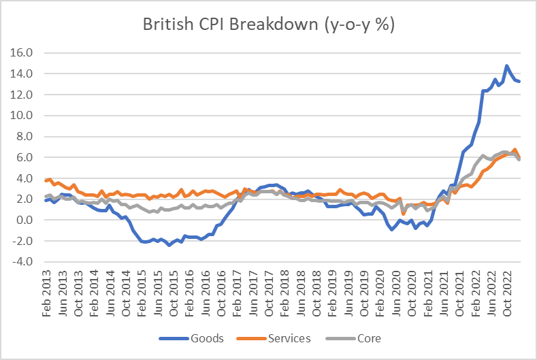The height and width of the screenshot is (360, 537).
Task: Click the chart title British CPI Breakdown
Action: [268, 25]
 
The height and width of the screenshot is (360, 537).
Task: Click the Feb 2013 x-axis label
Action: [46, 293]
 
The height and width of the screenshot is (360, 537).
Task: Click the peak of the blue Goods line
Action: [507, 66]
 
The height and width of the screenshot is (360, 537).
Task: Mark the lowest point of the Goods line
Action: [169, 245]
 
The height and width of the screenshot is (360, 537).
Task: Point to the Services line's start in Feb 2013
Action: [46, 180]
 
